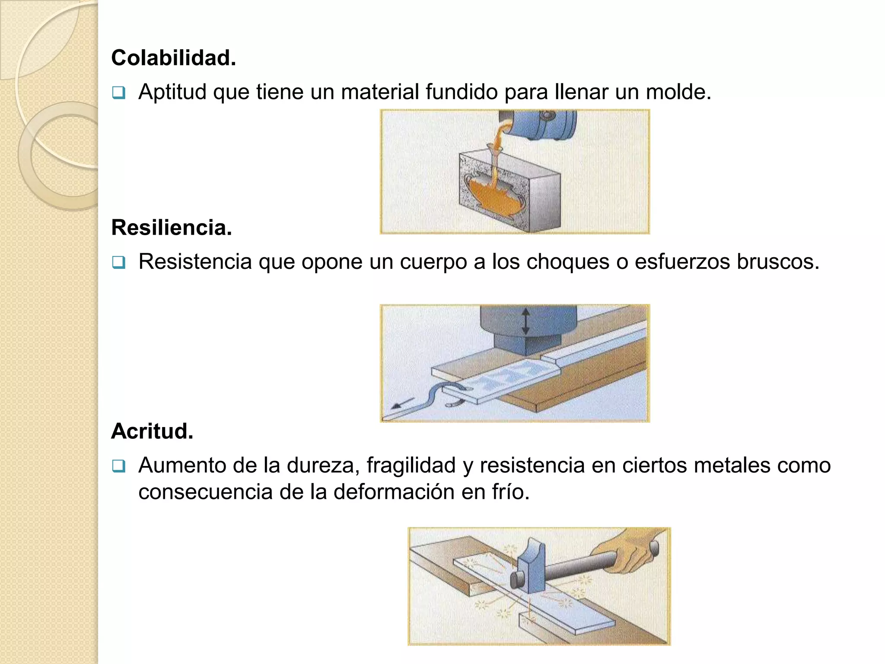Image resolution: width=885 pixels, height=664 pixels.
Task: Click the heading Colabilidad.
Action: click(173, 58)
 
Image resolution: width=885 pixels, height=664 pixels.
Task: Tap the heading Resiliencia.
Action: click(172, 228)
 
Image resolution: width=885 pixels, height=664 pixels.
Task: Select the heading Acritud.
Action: click(152, 431)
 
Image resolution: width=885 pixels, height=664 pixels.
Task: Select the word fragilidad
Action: click(411, 466)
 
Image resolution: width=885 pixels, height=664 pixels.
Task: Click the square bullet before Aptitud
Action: click(118, 93)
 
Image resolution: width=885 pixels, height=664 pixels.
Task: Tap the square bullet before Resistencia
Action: click(118, 262)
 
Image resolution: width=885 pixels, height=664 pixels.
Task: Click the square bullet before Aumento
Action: click(118, 466)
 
